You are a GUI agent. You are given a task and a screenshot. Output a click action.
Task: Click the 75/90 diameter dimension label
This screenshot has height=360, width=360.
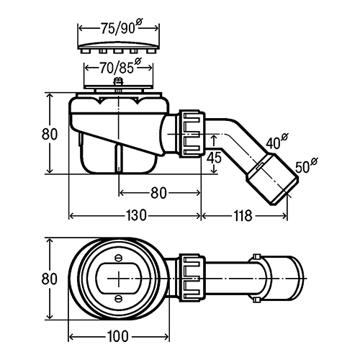(x=121, y=27)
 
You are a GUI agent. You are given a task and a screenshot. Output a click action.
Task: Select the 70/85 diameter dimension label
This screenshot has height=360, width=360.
(x=120, y=67)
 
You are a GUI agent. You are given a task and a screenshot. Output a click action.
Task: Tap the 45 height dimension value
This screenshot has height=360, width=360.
(x=214, y=158)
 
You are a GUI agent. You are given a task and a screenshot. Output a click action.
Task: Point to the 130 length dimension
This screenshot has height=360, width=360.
(x=136, y=215)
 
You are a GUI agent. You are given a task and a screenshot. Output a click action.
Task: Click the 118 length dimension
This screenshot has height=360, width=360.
(x=243, y=215)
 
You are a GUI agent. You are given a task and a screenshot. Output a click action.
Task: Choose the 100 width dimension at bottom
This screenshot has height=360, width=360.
(x=117, y=336)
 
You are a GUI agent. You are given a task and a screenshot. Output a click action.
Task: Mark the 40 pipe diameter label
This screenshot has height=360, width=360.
(x=276, y=141)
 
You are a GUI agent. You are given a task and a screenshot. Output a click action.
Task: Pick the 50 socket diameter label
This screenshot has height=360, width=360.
(x=306, y=165)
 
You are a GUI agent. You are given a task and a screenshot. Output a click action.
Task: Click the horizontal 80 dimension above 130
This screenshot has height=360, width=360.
(x=158, y=193)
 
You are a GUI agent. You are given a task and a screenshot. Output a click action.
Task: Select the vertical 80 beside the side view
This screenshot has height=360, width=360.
(x=50, y=134)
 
